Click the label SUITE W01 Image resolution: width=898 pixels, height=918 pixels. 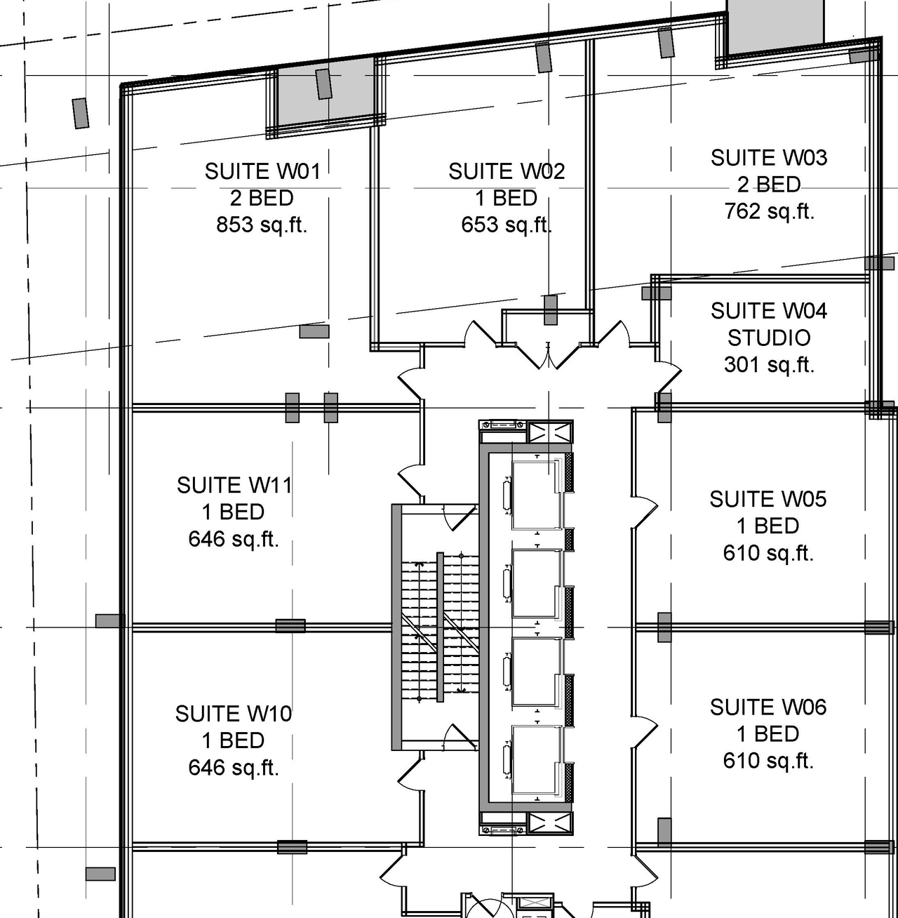click(262, 171)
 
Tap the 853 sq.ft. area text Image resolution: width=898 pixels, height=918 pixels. click(262, 225)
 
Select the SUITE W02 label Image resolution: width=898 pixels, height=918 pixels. click(506, 171)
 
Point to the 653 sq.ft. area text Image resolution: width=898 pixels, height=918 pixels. click(506, 225)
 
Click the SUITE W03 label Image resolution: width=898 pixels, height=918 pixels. click(768, 158)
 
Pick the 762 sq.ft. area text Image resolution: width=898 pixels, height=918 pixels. click(768, 211)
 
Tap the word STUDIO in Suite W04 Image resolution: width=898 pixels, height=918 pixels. click(768, 338)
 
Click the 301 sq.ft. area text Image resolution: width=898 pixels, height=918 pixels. click(768, 364)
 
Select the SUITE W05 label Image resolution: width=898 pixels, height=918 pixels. click(768, 499)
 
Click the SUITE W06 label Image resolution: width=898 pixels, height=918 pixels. click(768, 707)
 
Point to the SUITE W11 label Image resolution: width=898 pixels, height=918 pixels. click(234, 485)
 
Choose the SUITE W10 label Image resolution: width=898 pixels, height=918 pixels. click(233, 714)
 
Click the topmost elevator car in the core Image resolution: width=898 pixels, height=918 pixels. click(537, 494)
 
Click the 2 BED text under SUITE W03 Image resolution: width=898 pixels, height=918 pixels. click(768, 185)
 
